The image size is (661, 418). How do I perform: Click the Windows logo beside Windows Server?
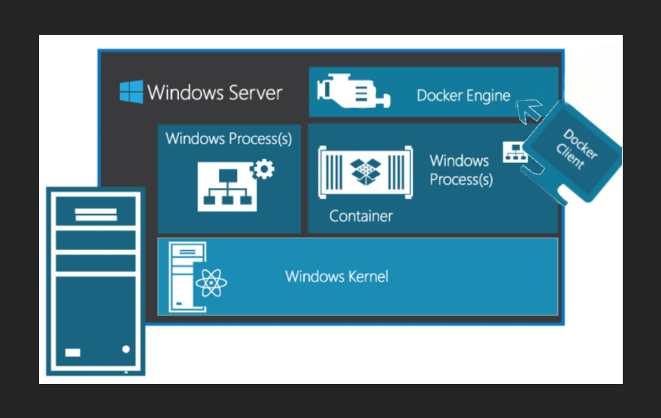[131, 92]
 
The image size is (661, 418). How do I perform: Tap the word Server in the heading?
[251, 93]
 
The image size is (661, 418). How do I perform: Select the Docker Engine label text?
[463, 95]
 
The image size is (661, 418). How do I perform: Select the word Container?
[361, 216]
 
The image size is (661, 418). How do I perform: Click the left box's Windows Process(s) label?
[228, 139]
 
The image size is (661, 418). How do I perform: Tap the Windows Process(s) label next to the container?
[461, 170]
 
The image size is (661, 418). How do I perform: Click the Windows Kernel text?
[337, 277]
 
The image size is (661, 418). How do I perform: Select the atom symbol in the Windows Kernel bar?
[212, 282]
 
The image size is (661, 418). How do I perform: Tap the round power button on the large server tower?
[126, 349]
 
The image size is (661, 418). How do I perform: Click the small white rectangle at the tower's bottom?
[73, 353]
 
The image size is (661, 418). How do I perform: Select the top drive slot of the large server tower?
[96, 214]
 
